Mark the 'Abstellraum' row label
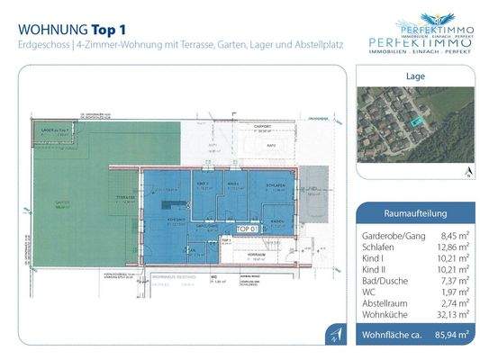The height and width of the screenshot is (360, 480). click(384, 303)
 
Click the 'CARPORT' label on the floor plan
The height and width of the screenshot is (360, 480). click(262, 127)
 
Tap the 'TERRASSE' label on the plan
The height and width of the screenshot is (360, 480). click(125, 196)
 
